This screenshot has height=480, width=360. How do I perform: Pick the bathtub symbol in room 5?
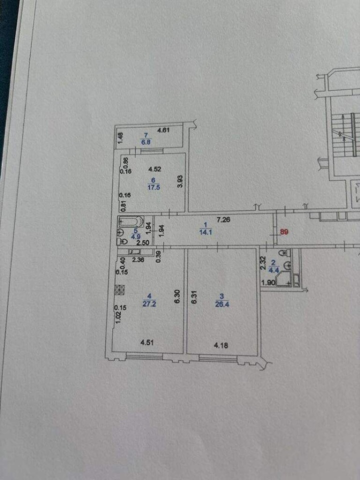(x=131, y=221)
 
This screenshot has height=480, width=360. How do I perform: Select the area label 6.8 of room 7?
(x=146, y=142)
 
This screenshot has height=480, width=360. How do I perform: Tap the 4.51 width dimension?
(x=146, y=343)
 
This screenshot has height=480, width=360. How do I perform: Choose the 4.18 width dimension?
(x=220, y=345)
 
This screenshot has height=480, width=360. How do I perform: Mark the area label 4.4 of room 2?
(x=273, y=270)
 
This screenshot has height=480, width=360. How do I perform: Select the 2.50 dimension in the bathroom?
(x=130, y=242)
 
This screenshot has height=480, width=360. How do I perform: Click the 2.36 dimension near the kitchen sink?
(x=138, y=259)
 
